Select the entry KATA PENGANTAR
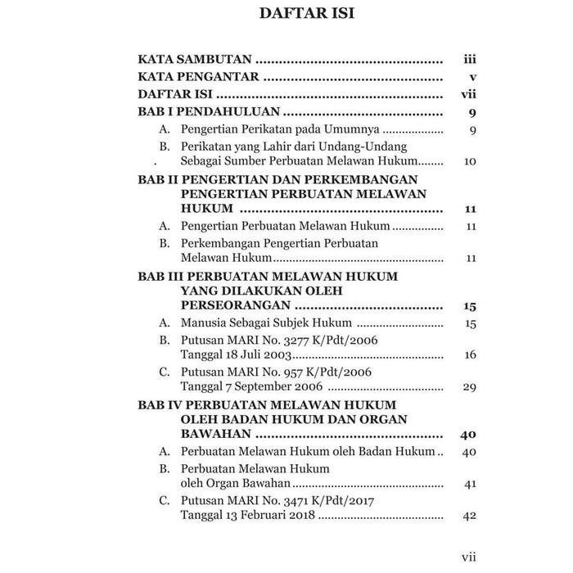(198, 77)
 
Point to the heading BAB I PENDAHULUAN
(210, 112)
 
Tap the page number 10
(469, 161)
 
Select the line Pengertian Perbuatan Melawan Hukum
(285, 226)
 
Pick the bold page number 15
(469, 306)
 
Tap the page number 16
(469, 354)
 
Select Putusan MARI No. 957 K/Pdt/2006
(276, 372)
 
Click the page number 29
(469, 387)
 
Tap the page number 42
(469, 516)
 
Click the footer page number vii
(468, 556)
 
